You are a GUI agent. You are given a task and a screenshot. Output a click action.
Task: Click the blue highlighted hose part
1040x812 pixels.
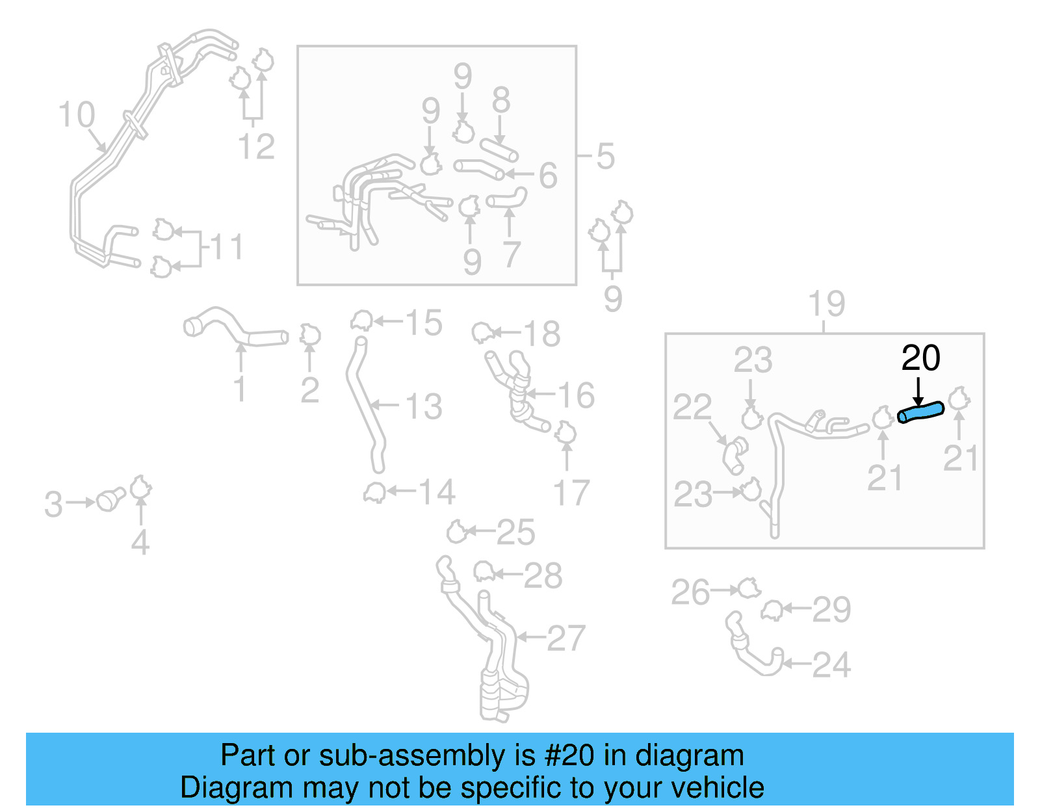[920, 412]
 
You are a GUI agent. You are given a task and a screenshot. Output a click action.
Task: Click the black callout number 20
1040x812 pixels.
[920, 358]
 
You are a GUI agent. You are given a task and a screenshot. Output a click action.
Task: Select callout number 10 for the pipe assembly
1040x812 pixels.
[77, 115]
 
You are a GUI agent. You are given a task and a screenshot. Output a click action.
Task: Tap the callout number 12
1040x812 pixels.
[256, 146]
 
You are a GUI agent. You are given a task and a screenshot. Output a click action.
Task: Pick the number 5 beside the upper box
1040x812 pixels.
[605, 156]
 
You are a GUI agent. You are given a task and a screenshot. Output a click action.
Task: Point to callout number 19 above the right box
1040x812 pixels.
[826, 304]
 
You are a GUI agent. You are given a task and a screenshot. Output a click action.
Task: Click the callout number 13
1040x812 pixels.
[423, 406]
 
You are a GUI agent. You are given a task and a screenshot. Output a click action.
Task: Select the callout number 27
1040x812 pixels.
[566, 638]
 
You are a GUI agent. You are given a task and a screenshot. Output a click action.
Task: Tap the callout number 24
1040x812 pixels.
[831, 665]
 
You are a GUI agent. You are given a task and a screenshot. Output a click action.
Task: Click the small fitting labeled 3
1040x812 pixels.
[110, 500]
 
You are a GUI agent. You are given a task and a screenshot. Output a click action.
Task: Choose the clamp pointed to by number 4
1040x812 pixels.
[140, 487]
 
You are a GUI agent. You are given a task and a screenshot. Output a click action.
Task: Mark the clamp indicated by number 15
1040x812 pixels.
[361, 321]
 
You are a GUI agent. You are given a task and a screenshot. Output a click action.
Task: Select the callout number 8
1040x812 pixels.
[500, 101]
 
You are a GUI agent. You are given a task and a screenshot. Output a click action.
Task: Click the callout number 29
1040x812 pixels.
[831, 610]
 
